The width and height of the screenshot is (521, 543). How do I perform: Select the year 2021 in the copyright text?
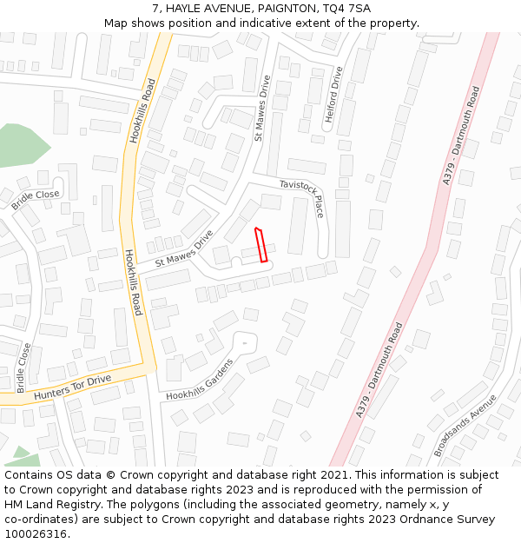coord(333,475)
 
